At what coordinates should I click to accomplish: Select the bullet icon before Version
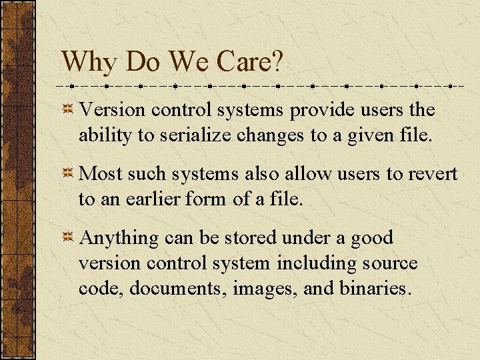(68, 110)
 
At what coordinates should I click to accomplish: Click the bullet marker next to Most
(68, 174)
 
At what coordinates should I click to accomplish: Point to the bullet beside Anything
(68, 238)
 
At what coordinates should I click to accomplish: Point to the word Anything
(119, 238)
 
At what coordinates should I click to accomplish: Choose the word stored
(250, 238)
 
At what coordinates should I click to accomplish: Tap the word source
(390, 263)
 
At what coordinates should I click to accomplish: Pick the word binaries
(377, 289)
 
